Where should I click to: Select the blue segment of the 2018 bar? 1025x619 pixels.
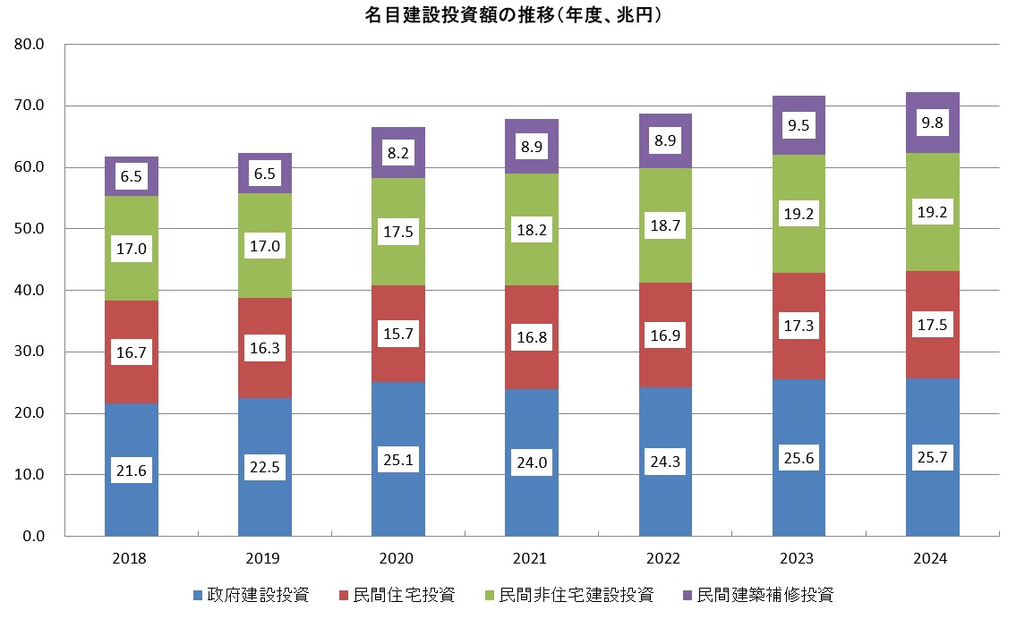click(131, 438)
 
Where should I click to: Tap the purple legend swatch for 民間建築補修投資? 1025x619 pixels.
click(687, 596)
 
